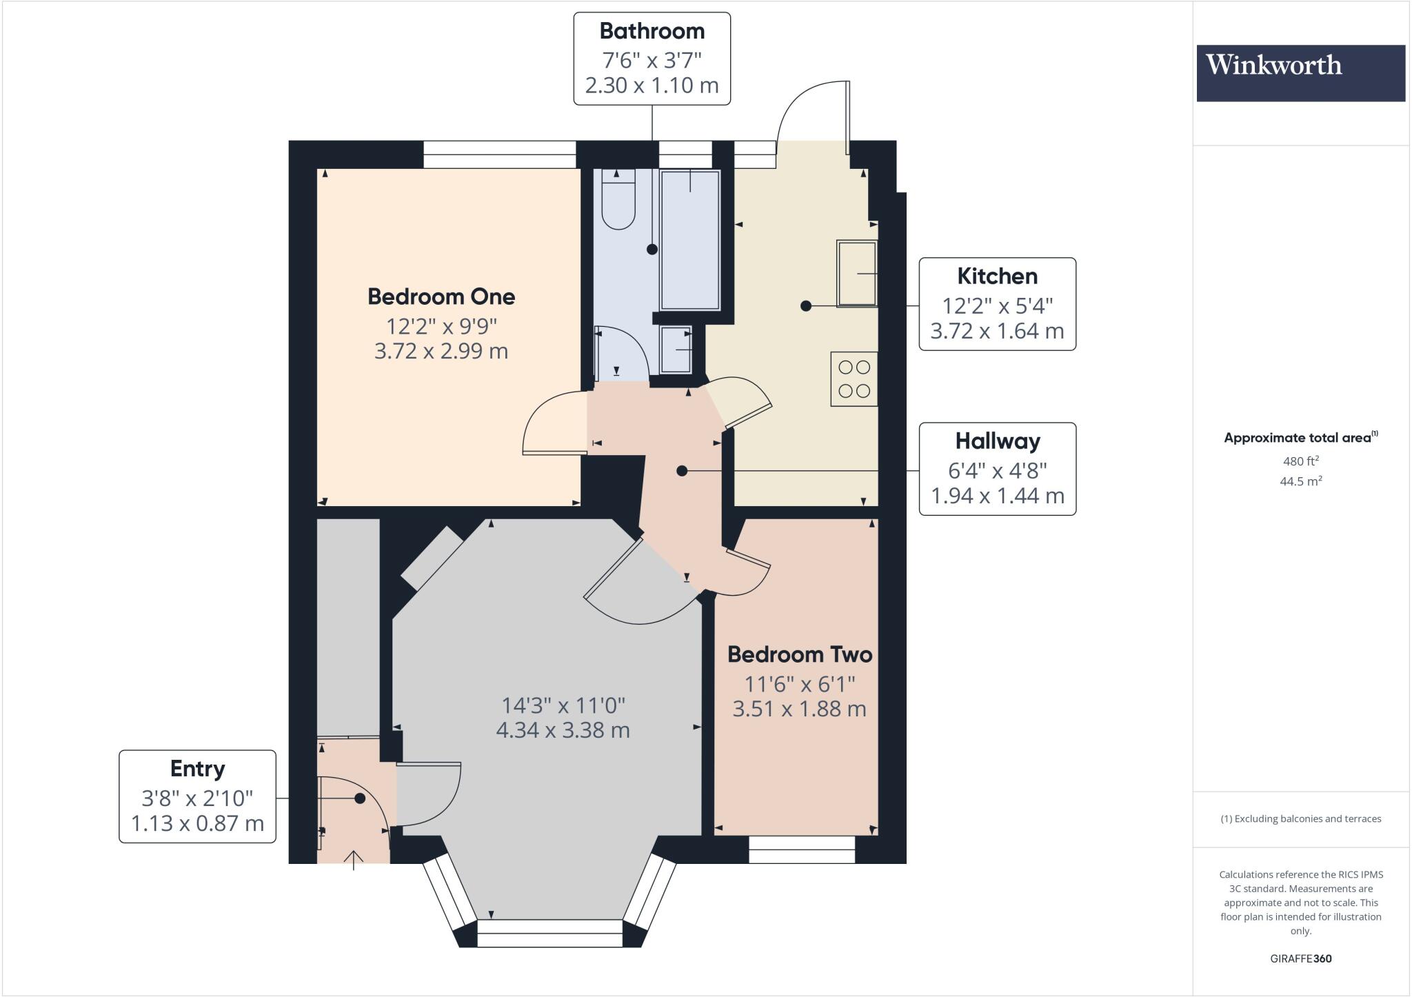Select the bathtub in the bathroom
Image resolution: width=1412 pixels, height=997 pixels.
pyautogui.click(x=689, y=240)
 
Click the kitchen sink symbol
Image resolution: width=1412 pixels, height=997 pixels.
pyautogui.click(x=856, y=273)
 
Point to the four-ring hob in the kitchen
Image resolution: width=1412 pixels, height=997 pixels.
pyautogui.click(x=854, y=379)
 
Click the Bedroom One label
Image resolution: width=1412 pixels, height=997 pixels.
pyautogui.click(x=441, y=297)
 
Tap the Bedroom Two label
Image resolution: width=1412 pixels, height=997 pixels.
pyautogui.click(x=799, y=654)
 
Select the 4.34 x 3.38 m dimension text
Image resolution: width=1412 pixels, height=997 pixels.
pyautogui.click(x=563, y=730)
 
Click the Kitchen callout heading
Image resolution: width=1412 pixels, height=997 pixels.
pyautogui.click(x=997, y=276)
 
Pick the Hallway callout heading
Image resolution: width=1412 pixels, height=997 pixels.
pyautogui.click(x=997, y=441)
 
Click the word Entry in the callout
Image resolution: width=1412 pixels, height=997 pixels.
pyautogui.click(x=197, y=769)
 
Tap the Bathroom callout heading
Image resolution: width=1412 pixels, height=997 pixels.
pyautogui.click(x=652, y=31)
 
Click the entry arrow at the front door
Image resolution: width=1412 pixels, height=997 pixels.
pyautogui.click(x=354, y=860)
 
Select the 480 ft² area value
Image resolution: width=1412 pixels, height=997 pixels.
pyautogui.click(x=1300, y=461)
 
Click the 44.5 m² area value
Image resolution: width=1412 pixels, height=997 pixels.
pyautogui.click(x=1300, y=481)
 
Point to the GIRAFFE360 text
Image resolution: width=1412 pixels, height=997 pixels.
pyautogui.click(x=1300, y=958)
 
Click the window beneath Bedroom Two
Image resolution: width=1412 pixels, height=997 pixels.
pyautogui.click(x=802, y=849)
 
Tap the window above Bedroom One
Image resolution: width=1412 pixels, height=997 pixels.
pyautogui.click(x=499, y=154)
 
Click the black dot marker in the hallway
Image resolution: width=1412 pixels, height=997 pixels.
pyautogui.click(x=682, y=471)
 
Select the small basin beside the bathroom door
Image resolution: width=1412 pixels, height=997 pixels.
pyautogui.click(x=676, y=349)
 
